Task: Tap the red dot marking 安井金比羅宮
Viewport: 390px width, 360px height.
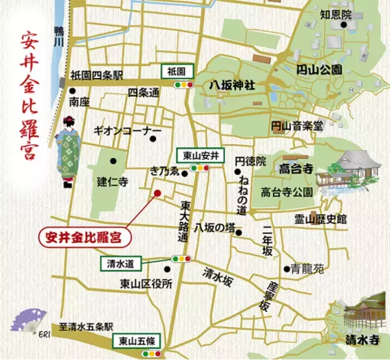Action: pos(156,193)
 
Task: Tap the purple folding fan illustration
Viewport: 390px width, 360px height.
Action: pos(33,320)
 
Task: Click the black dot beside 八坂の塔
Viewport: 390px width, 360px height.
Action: pos(240,232)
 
